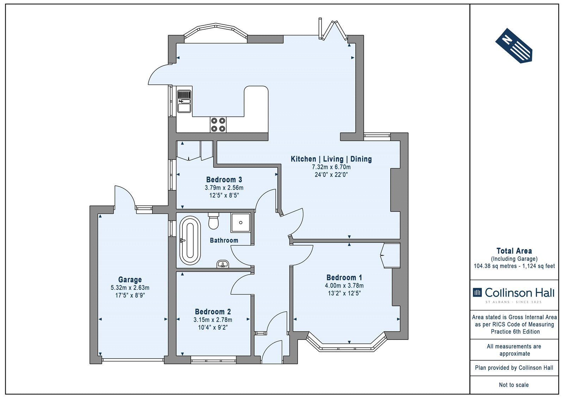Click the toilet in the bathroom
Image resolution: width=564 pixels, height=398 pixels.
coord(214,221)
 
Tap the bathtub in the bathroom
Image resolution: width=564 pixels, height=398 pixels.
coord(190,240)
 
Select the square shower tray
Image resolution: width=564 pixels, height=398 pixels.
coord(240,222)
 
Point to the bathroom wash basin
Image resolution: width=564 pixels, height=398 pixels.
coord(222,264)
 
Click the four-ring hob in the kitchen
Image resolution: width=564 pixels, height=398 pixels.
coord(218,125)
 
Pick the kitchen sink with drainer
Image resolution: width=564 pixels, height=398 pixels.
coord(184,101)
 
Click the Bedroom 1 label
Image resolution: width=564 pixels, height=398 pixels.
coord(344,278)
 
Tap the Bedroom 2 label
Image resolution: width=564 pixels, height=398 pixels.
coord(213,312)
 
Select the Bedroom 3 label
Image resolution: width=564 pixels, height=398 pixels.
coord(224,179)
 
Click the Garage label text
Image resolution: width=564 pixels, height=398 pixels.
coord(130,279)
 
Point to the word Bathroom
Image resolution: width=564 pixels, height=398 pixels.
coord(224,240)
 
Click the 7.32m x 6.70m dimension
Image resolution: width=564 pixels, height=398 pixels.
coord(331,167)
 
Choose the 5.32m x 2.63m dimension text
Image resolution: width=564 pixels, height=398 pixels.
coord(130,288)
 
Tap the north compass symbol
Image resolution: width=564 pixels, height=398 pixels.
coord(514,45)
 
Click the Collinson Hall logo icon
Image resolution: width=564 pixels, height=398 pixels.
coord(477,292)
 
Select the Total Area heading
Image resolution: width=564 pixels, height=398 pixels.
coord(514,251)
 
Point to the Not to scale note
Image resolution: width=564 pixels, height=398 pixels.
coord(514,385)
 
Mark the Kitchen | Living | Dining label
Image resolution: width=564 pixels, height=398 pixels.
coord(331,159)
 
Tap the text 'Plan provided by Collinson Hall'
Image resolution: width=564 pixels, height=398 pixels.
coord(514,368)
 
